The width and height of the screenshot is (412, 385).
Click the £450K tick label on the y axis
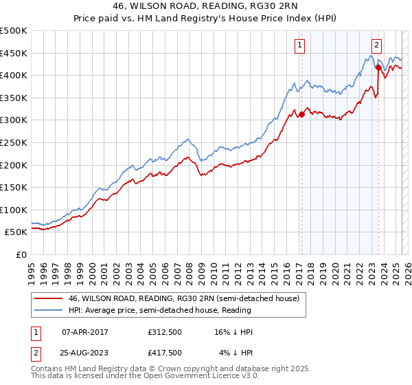pos(14,53)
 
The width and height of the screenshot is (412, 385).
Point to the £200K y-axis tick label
pos(14,165)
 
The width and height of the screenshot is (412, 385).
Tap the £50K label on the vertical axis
pos(16,232)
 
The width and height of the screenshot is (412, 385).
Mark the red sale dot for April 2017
pos(301,115)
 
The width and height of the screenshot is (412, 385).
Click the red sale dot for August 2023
pos(378,67)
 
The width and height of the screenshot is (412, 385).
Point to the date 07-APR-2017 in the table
pos(85,332)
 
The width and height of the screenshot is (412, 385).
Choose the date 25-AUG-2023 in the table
pos(85,353)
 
